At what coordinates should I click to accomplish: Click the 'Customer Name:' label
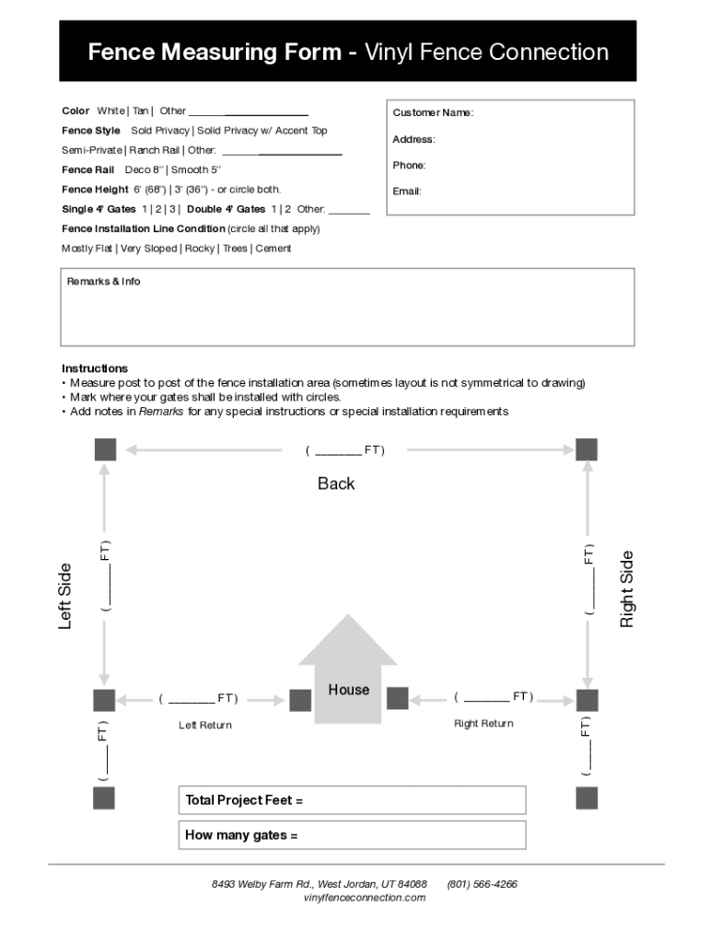[433, 112]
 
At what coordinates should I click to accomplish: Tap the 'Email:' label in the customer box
[407, 192]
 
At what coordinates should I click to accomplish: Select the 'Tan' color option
[140, 111]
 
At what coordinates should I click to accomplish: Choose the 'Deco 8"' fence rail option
[144, 169]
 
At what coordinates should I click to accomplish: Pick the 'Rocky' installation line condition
[199, 249]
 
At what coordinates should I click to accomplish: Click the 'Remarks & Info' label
[103, 282]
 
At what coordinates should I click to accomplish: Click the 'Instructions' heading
[95, 368]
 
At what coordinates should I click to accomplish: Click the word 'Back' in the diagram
[336, 483]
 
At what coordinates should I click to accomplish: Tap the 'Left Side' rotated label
[65, 597]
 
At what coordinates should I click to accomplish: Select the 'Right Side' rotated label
[627, 589]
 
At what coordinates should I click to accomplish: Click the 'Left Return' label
[205, 726]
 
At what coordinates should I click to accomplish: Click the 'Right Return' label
[483, 724]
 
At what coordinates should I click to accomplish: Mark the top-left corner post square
[105, 449]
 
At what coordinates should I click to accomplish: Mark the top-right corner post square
[587, 449]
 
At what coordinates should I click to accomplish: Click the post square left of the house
[300, 701]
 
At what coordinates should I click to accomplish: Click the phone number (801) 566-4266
[482, 884]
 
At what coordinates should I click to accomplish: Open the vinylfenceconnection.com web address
[365, 898]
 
